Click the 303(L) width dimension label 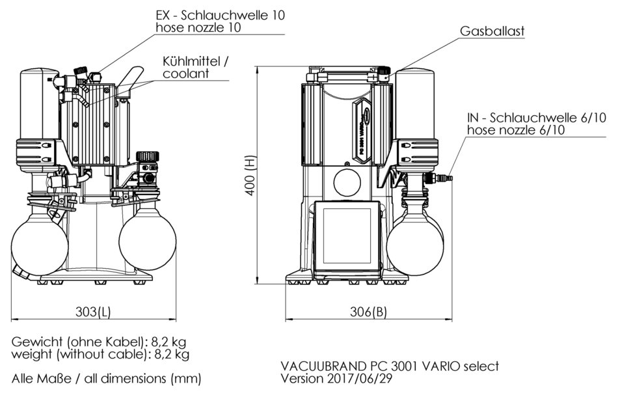(92, 311)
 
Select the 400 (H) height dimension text (249, 176)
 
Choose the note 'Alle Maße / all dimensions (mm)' (106, 378)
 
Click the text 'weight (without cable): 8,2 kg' (101, 355)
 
